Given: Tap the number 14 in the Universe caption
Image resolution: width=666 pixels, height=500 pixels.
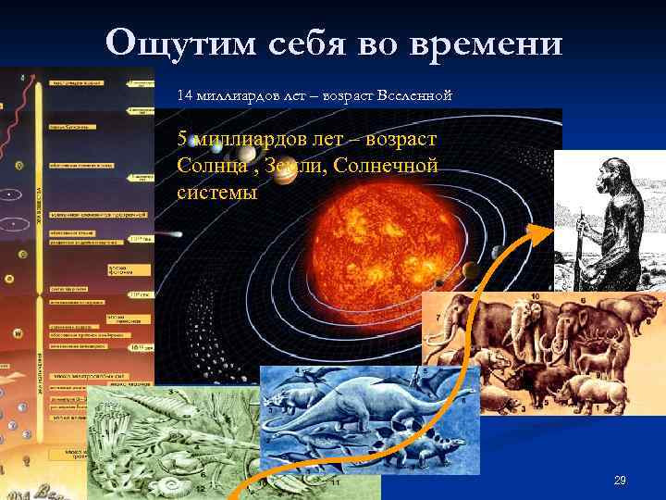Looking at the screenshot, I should (186, 94).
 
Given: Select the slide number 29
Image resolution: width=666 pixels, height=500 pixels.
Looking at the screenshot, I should (620, 480).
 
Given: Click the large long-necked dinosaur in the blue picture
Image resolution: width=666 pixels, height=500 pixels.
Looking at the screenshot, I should (333, 407).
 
